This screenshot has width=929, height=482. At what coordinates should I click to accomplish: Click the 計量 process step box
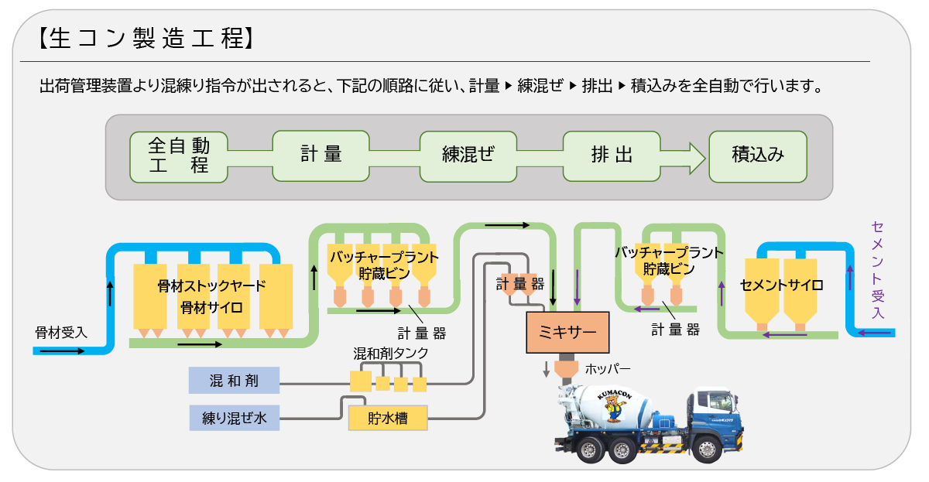point(321,156)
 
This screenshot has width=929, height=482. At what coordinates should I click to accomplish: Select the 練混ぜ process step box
point(468,156)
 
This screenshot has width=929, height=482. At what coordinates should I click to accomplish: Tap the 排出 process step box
point(612,156)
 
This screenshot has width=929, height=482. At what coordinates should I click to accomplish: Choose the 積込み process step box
point(758,156)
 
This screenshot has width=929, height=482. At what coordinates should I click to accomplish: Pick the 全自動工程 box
point(179,156)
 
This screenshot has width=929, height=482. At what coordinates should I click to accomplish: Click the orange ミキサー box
point(567,332)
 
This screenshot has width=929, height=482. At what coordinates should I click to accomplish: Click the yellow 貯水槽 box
point(388,419)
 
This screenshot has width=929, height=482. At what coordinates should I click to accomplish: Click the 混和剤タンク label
point(391,354)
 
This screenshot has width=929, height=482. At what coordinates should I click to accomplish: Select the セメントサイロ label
point(781,285)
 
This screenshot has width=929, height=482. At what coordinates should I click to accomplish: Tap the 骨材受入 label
point(62,333)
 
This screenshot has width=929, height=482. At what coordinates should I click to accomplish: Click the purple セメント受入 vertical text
point(877,270)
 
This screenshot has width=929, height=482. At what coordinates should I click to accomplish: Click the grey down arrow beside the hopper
point(546,369)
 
